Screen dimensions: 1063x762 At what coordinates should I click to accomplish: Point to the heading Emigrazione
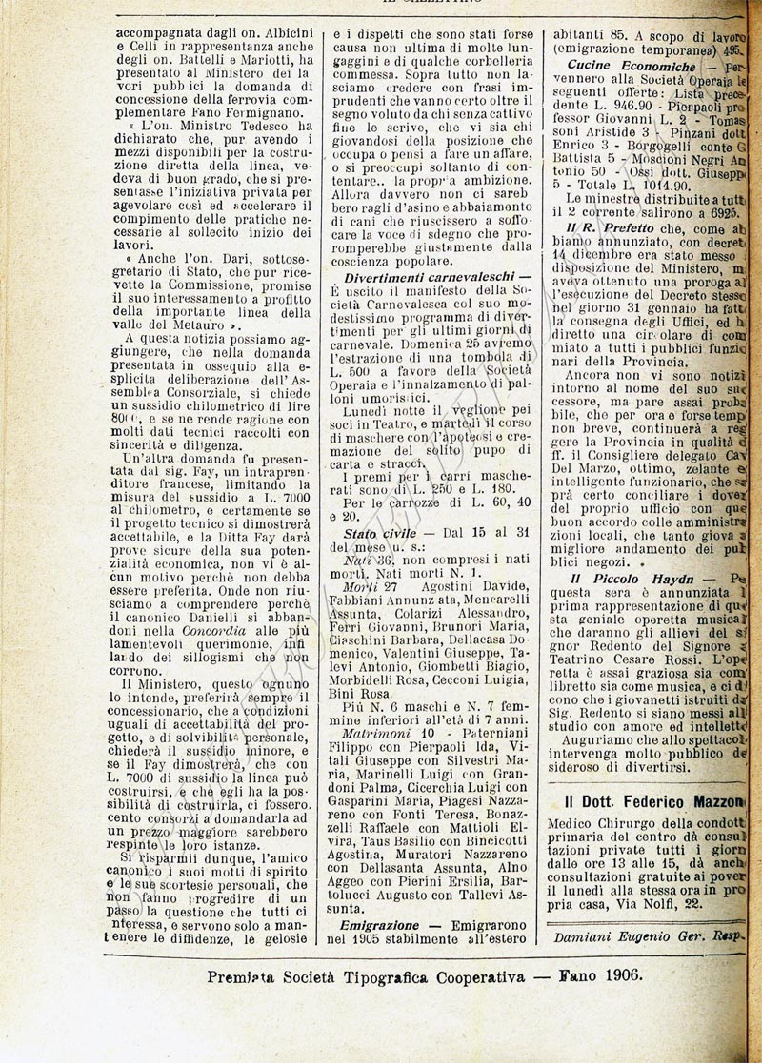pyautogui.click(x=378, y=924)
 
